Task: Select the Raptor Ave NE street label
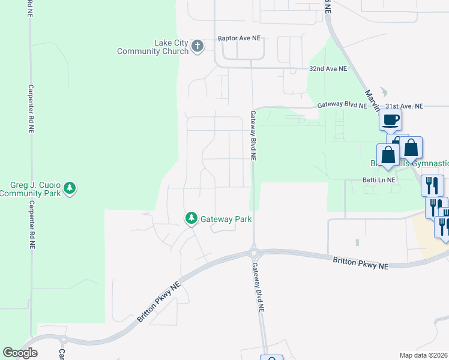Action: pyautogui.click(x=239, y=38)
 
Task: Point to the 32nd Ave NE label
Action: pyautogui.click(x=328, y=69)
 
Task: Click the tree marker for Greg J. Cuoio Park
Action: pyautogui.click(x=70, y=188)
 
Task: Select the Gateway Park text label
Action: pyautogui.click(x=226, y=219)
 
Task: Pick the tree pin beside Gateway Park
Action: pyautogui.click(x=191, y=219)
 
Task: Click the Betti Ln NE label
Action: pyautogui.click(x=379, y=180)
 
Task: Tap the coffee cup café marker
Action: pyautogui.click(x=390, y=120)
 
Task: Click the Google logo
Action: pyautogui.click(x=20, y=353)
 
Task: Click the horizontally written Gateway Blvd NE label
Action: pyautogui.click(x=342, y=104)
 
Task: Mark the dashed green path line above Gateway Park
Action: pyautogui.click(x=190, y=188)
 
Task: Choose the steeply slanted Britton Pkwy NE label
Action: pyautogui.click(x=158, y=303)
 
